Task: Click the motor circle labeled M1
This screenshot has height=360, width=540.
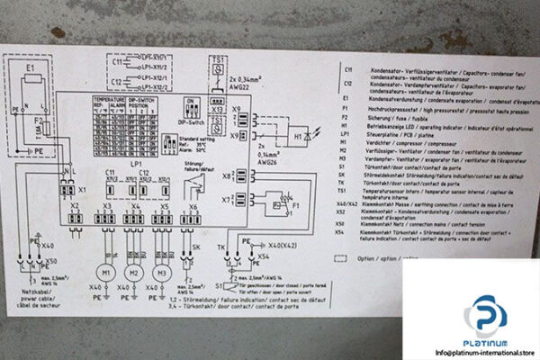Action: coord(106,273)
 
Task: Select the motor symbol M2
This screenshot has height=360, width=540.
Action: coord(134,273)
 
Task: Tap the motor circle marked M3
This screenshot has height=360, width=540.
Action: coord(163,273)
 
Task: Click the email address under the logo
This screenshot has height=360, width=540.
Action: coord(471,352)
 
